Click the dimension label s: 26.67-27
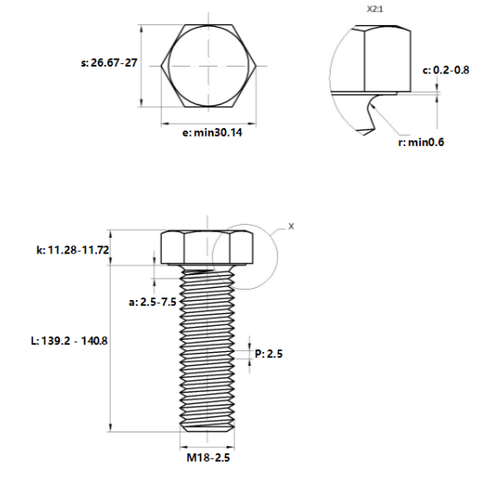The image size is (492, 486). pos(109,62)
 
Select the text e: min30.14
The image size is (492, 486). pos(212,132)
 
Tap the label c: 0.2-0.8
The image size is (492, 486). pos(446,70)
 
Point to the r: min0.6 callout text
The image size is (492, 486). pos(421,143)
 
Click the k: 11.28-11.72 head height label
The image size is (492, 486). pos(73,250)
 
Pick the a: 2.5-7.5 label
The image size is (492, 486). pos(152,302)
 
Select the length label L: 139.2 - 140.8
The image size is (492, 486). pos(69,341)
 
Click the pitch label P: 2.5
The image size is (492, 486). pos(269,354)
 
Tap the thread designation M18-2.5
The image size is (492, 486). pos(208,457)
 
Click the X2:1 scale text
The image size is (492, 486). pos(375,10)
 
